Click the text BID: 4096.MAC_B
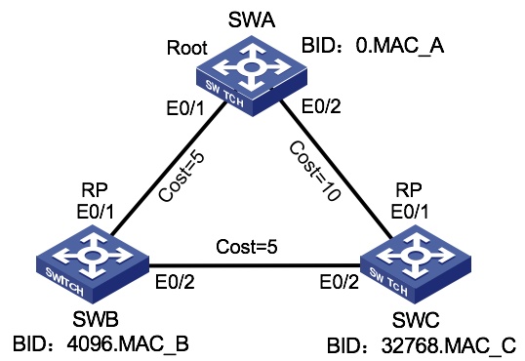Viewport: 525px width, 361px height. pos(100,344)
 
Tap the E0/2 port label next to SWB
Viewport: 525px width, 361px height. pos(176,284)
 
